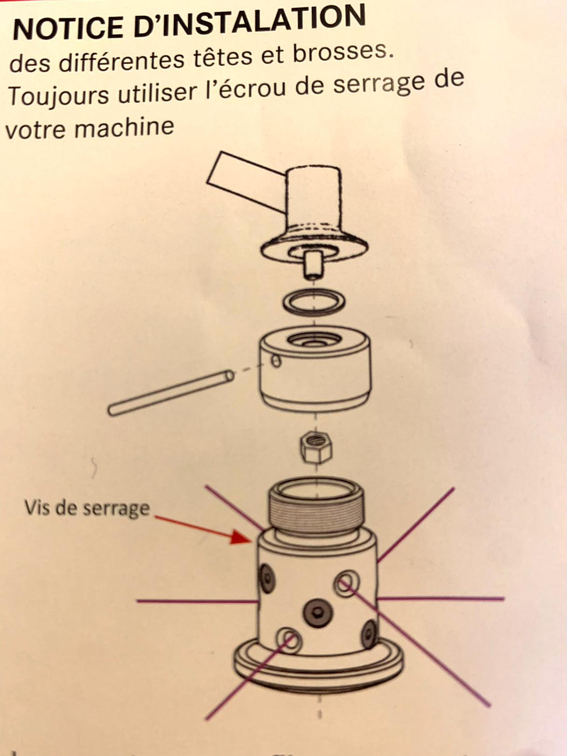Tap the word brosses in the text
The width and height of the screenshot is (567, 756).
[341, 52]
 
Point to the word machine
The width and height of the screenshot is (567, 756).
[124, 126]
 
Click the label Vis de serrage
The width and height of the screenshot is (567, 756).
[87, 507]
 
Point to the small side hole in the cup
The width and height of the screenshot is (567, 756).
[276, 361]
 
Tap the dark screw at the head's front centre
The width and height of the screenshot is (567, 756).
[318, 611]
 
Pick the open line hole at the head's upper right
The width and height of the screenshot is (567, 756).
[346, 582]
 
